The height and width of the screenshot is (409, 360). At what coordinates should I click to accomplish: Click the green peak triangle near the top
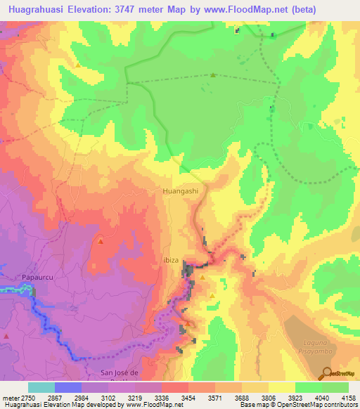[212, 75]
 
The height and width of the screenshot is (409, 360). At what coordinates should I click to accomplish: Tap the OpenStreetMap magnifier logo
[326, 372]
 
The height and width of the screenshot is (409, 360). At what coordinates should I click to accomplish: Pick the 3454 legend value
[188, 398]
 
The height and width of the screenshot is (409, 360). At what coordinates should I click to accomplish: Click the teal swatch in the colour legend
[41, 387]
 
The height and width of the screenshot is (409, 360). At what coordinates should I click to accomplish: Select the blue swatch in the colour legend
[67, 387]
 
